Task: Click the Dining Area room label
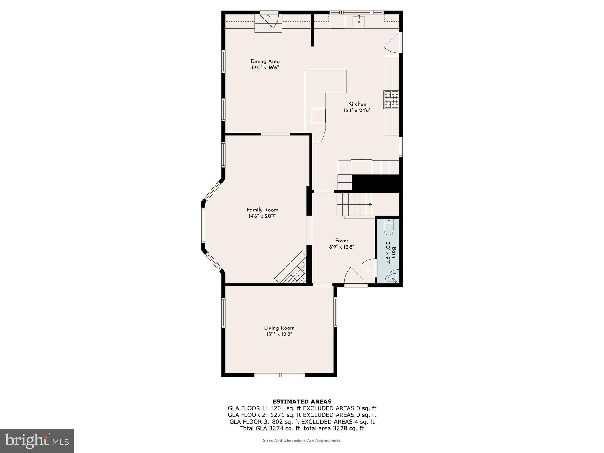[265, 61]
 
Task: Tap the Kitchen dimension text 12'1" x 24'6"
[357, 111]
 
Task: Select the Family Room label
[262, 210]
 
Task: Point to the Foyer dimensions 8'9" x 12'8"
[342, 247]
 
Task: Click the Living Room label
[279, 328]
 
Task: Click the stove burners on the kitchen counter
[391, 99]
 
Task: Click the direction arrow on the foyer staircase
[370, 204]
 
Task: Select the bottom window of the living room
[279, 375]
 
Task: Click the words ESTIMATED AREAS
[302, 401]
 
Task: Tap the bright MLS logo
[37, 441]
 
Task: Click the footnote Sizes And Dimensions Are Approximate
[302, 441]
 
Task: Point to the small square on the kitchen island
[318, 116]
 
